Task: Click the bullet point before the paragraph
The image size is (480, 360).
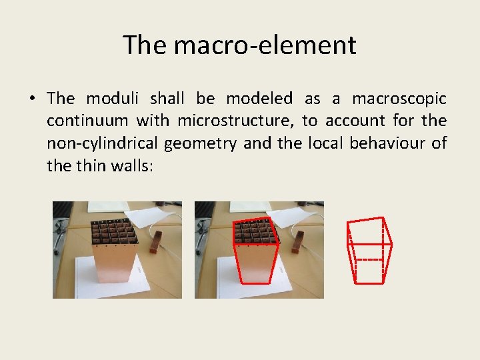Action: coord(31,99)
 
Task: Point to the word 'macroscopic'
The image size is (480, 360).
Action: coord(399,99)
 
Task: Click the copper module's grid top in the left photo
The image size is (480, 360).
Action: coord(115,231)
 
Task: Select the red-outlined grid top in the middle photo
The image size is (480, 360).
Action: coord(256,231)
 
